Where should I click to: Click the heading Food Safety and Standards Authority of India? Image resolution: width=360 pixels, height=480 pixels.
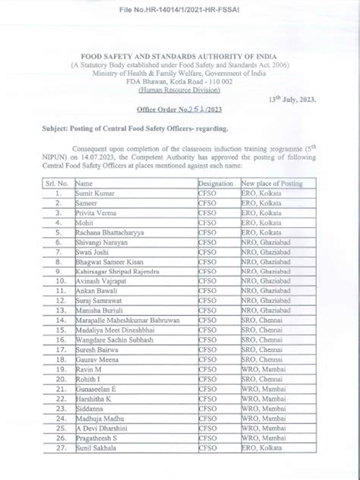(x=179, y=57)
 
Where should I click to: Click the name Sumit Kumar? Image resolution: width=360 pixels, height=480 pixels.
(x=93, y=194)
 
